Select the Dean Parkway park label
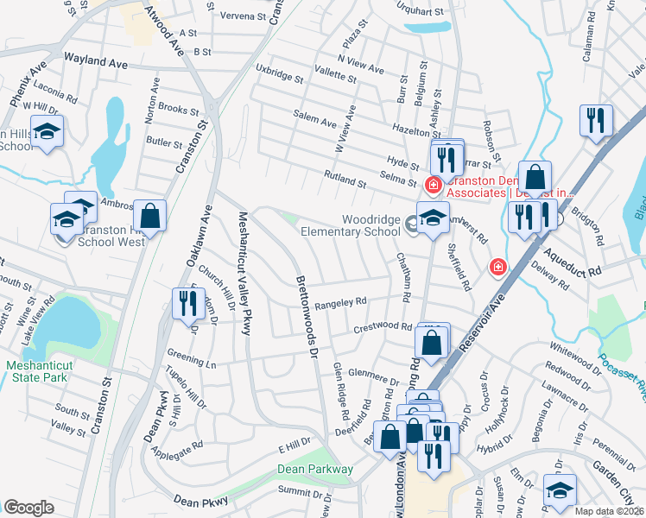[315, 469]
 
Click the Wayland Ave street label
[96, 62]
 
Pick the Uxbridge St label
[278, 73]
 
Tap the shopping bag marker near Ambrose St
[150, 217]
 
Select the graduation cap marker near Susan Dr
[560, 491]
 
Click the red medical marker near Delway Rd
[497, 268]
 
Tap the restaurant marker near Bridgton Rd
[596, 122]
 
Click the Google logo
[29, 507]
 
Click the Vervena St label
[233, 16]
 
